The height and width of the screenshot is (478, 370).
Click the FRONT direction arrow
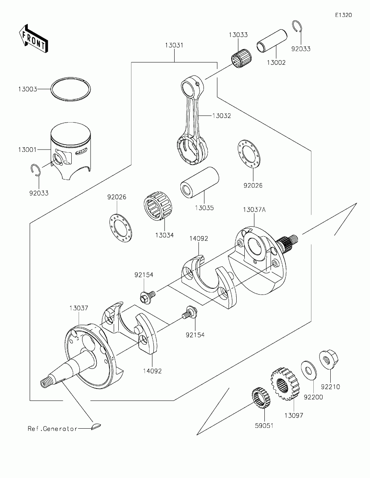[x=33, y=38]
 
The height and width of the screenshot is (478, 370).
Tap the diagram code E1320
[x=343, y=15]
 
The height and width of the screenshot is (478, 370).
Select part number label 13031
[x=174, y=45]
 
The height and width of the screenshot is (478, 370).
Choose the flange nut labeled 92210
[x=328, y=360]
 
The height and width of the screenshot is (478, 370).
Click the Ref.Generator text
[x=52, y=428]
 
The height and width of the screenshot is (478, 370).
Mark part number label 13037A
[x=254, y=210]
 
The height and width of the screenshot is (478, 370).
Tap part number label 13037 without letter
[x=79, y=308]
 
